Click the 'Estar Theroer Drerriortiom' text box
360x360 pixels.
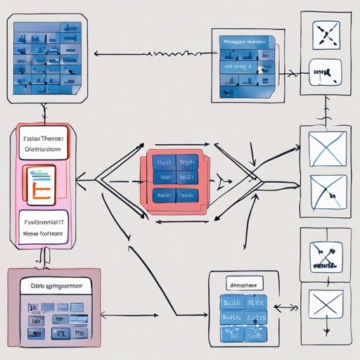(42, 144)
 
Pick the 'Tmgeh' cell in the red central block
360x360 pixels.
(187, 162)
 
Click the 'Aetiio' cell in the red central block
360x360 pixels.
(164, 195)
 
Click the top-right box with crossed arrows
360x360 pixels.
(325, 34)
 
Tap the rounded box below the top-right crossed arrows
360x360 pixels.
(325, 72)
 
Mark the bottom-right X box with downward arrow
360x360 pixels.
(325, 307)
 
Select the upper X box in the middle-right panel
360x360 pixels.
(325, 150)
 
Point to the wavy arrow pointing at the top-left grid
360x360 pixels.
(155, 53)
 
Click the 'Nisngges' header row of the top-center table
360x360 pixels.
(243, 43)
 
